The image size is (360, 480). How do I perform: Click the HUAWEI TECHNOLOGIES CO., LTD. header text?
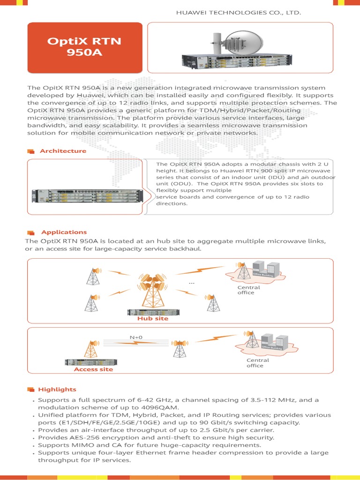[x=238, y=13]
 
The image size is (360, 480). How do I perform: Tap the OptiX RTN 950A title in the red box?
[x=84, y=46]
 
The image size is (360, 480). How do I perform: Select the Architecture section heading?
[x=63, y=151]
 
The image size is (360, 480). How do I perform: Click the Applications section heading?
[x=64, y=232]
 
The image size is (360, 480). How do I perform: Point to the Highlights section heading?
[x=57, y=389]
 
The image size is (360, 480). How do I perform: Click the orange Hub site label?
[x=152, y=319]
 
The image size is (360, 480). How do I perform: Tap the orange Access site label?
[x=93, y=369]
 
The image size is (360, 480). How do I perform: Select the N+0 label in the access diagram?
[x=136, y=337]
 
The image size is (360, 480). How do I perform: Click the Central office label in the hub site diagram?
[x=246, y=290]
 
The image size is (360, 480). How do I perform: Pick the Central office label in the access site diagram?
[x=258, y=363]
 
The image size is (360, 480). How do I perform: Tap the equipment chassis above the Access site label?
[x=91, y=362]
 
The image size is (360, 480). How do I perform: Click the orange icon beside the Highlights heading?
[x=31, y=390]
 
